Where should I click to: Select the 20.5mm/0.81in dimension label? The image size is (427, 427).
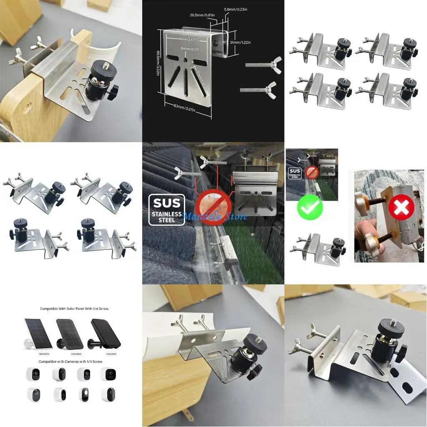pos(202,15)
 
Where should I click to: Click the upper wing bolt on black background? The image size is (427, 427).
pos(261,65)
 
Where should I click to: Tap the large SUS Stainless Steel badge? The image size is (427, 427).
pos(166,210)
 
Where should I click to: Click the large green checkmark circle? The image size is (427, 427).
pos(309,207)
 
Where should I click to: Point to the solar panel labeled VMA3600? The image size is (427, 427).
pos(38,334)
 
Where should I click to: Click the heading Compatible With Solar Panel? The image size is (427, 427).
pos(71,309)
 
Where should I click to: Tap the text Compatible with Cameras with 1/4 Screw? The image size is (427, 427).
pos(71,361)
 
